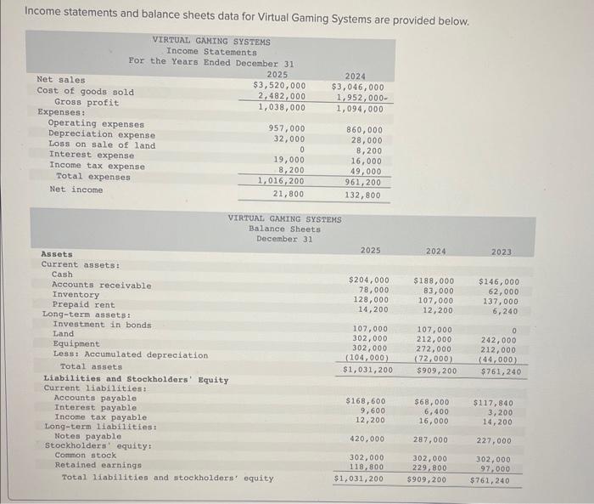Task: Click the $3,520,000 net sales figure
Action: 280,85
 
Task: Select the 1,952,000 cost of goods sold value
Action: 361,97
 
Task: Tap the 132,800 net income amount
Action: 363,195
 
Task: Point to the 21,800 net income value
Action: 289,194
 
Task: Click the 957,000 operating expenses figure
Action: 288,128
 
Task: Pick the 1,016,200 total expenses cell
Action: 282,181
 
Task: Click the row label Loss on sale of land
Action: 102,144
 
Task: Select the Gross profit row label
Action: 87,102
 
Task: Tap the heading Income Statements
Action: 211,52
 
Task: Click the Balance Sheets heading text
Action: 285,229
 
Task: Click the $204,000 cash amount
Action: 369,280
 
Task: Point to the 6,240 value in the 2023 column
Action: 506,310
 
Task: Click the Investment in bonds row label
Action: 101,325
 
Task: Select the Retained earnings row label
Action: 98,465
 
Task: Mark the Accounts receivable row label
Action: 102,285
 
